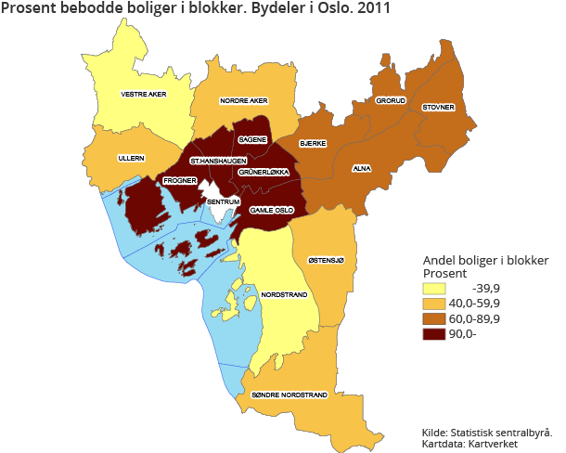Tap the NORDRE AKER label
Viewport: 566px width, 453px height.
point(243,100)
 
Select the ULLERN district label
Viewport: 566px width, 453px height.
point(131,159)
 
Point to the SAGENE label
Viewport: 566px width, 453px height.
point(252,139)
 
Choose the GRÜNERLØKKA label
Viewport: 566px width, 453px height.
point(264,173)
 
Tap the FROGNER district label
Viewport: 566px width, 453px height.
point(179,180)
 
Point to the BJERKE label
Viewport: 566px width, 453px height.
point(312,144)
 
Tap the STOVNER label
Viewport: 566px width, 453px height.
point(438,108)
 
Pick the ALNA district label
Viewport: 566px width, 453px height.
point(362,169)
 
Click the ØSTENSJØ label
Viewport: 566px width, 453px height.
point(326,261)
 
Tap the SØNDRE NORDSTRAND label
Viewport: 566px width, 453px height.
point(289,395)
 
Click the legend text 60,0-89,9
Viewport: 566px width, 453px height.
point(475,318)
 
